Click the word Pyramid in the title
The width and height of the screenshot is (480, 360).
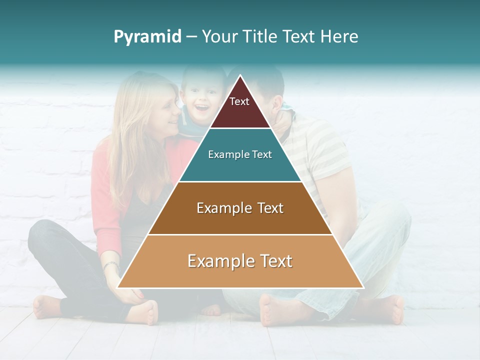147,37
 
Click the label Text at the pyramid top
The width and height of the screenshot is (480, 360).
239,101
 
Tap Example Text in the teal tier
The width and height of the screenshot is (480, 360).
240,154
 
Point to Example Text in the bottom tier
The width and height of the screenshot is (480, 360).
240,261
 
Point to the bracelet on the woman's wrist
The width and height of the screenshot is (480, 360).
111,265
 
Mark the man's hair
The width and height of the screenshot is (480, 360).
270,80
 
